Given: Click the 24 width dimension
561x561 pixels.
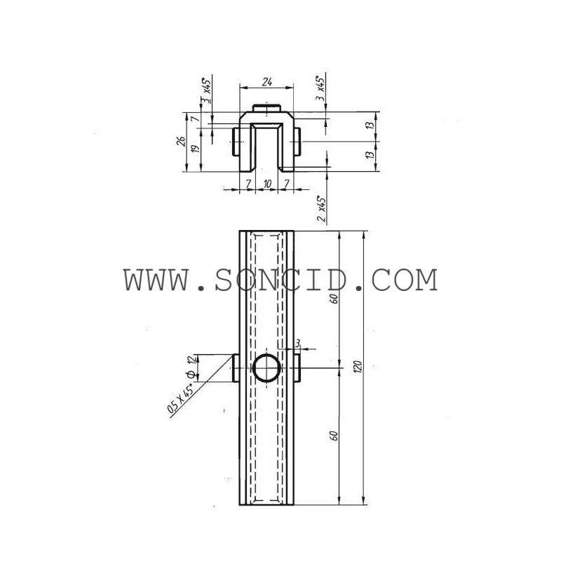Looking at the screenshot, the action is click(267, 82).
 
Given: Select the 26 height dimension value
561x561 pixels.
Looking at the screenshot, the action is click(182, 142).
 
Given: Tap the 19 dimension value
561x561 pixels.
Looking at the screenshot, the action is click(196, 149).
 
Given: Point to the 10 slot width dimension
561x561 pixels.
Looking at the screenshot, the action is click(267, 184).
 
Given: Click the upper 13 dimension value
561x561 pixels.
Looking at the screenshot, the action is click(371, 126).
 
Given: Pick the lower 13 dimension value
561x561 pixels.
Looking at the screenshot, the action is click(371, 155).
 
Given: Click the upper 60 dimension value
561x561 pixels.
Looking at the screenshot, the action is click(334, 299).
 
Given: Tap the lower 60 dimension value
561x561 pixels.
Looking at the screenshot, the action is click(334, 435).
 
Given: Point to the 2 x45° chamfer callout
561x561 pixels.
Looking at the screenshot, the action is click(322, 209).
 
